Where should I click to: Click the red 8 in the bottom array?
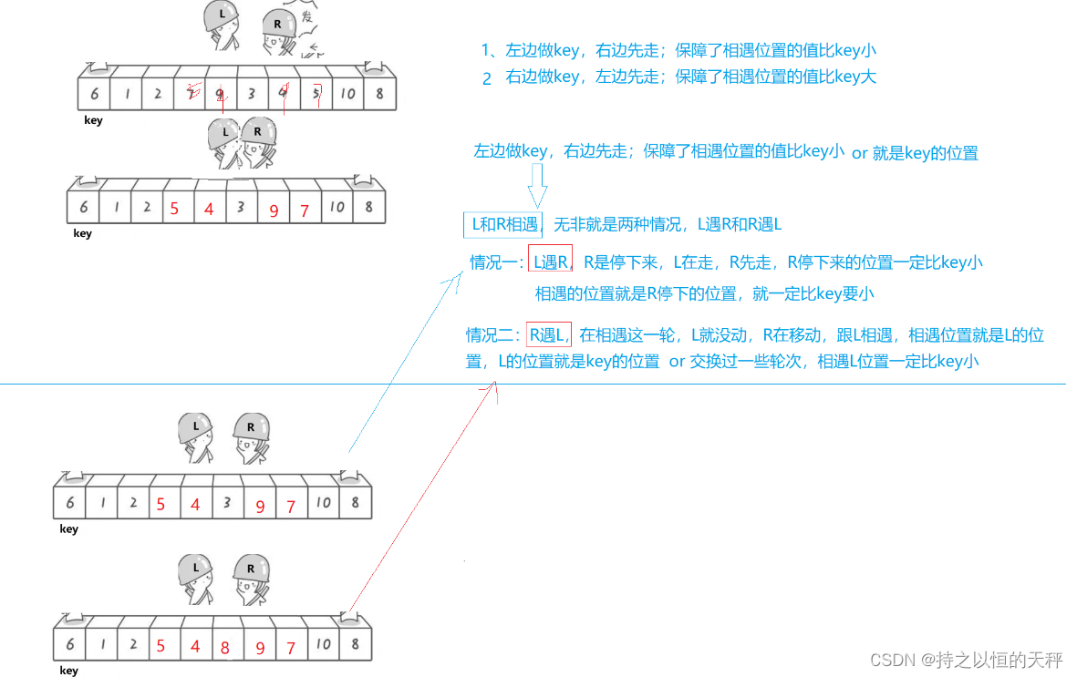pos(225,649)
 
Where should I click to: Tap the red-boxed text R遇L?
pos(548,334)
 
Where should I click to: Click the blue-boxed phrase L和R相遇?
pos(503,224)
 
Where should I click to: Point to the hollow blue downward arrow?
pos(537,190)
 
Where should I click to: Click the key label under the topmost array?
pos(93,121)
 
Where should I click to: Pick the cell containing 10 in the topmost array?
pos(347,94)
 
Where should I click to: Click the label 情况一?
pos(497,263)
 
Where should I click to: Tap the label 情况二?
pos(493,335)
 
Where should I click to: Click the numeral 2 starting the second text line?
pos(487,78)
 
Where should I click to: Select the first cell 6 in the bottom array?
pos(69,644)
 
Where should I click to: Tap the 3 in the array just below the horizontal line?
pos(226,502)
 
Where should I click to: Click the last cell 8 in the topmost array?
pos(378,94)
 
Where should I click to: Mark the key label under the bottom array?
pos(68,671)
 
